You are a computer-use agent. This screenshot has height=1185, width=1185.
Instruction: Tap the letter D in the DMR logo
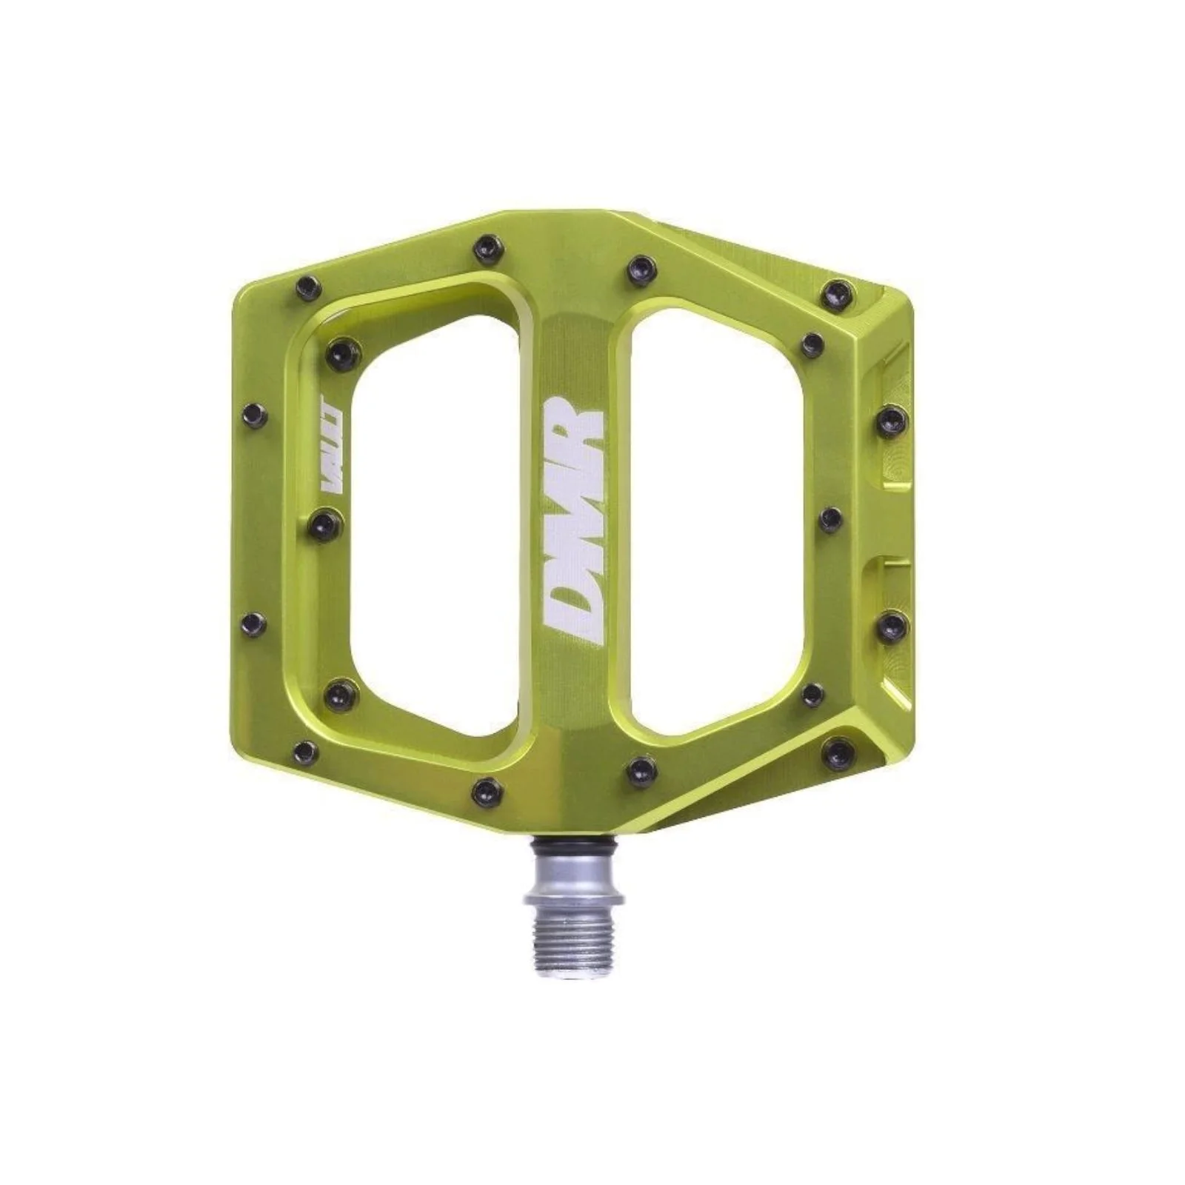tap(574, 615)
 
